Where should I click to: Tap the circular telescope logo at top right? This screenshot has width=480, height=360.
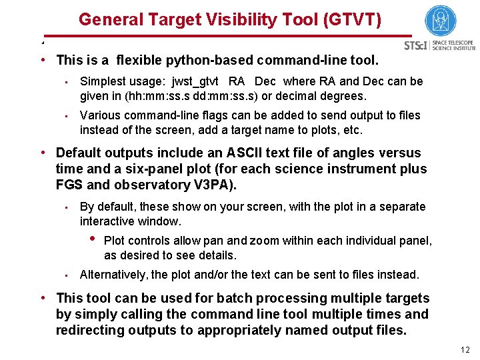coord(441,21)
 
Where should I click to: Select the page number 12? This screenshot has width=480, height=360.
coord(465,350)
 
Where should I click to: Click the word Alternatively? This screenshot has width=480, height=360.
coord(113,274)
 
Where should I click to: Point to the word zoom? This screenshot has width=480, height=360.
coord(265,241)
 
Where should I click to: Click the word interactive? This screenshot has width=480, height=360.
coord(107,221)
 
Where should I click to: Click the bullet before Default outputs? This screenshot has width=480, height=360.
coord(42,153)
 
